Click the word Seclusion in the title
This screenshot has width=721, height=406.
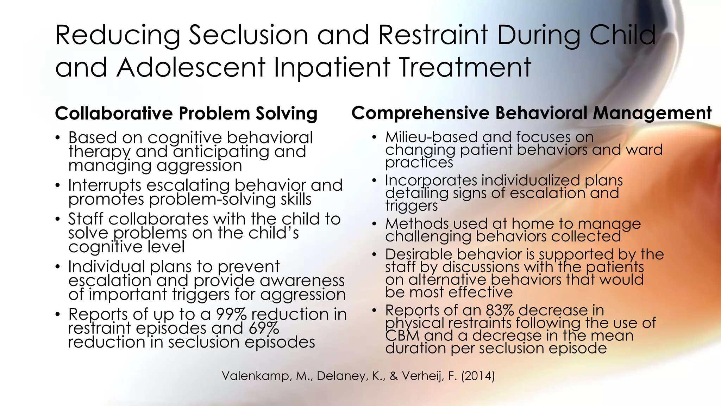pyautogui.click(x=249, y=35)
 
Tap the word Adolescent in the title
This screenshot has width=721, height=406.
pyautogui.click(x=191, y=68)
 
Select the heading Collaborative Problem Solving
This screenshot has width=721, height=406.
pyautogui.click(x=186, y=113)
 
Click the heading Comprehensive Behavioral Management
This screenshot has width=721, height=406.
pyautogui.click(x=531, y=113)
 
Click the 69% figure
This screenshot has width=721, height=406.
pyautogui.click(x=264, y=328)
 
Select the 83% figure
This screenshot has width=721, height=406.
pyautogui.click(x=500, y=310)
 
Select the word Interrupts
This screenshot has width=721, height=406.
pyautogui.click(x=105, y=185)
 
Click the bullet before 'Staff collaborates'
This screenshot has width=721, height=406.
pyautogui.click(x=58, y=219)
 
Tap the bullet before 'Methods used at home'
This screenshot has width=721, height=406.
pyautogui.click(x=375, y=224)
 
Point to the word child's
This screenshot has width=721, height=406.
pyautogui.click(x=274, y=233)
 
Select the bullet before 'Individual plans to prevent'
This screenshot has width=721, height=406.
pyautogui.click(x=58, y=267)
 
